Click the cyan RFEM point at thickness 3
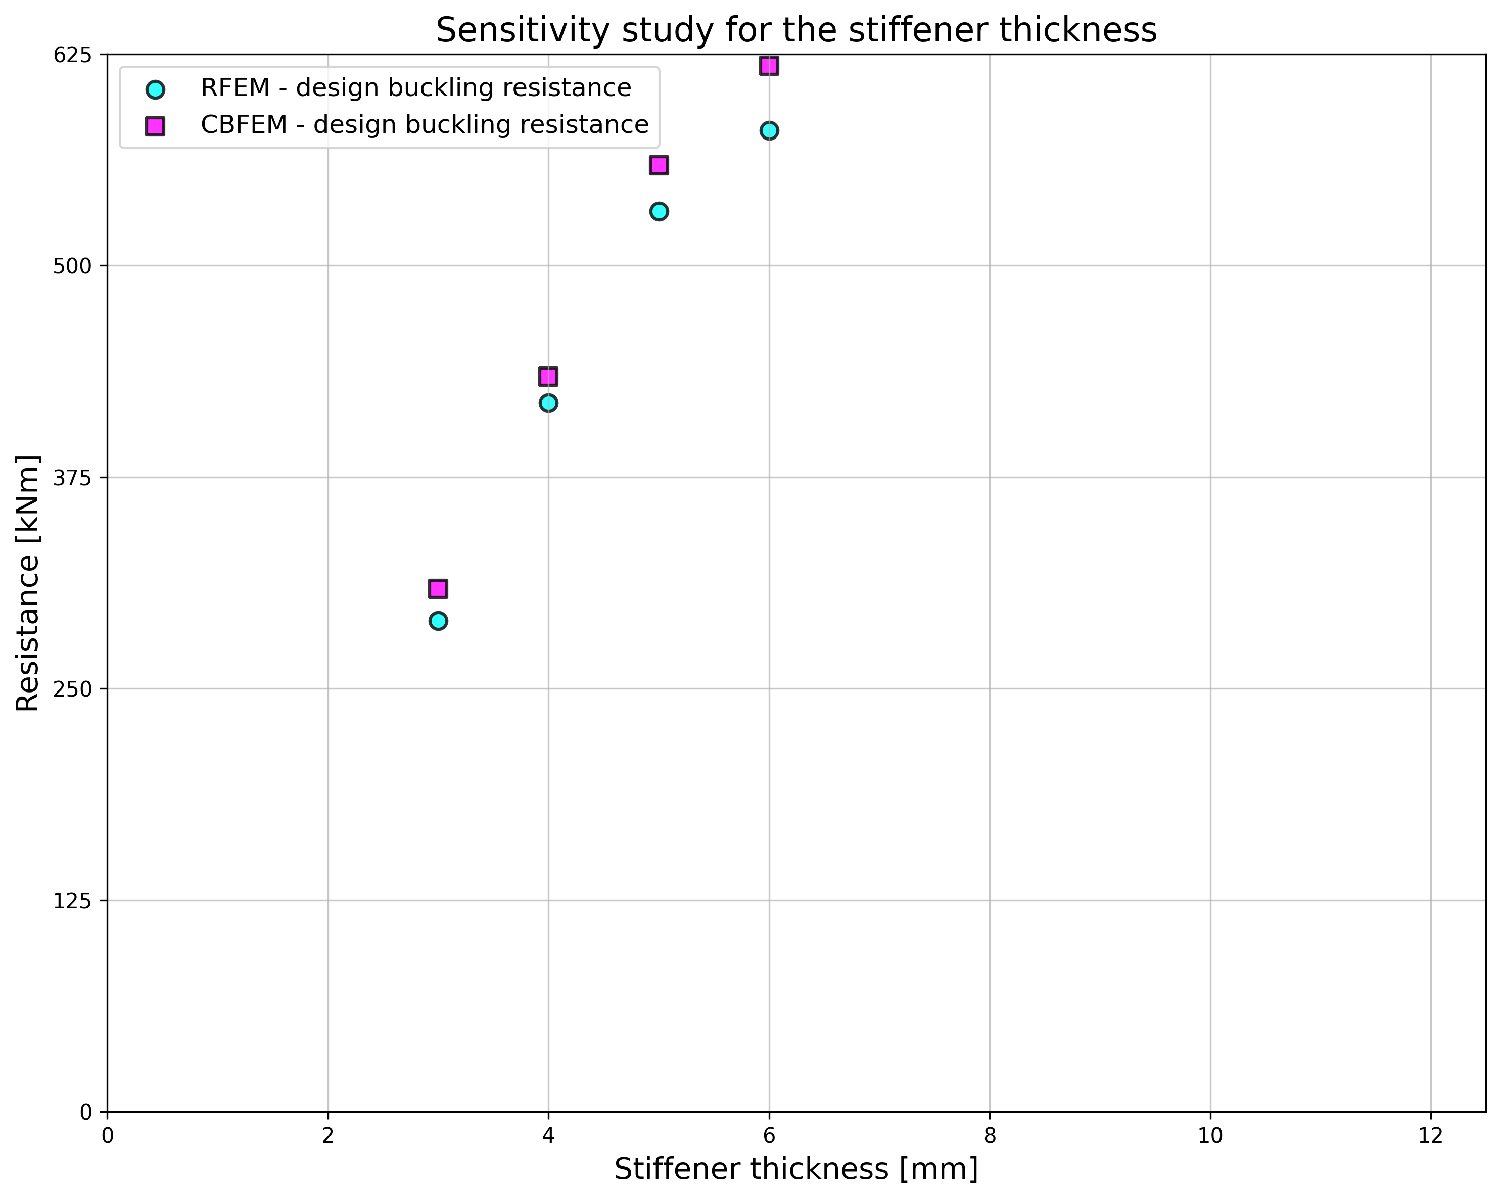coord(438,621)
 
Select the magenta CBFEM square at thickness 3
coord(438,588)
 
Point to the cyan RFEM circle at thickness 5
coord(659,211)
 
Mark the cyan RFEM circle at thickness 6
coord(769,130)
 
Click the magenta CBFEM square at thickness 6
coord(769,66)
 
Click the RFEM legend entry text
coord(415,88)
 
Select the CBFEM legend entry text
coord(425,125)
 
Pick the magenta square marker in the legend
coord(155,126)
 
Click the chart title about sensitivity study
coord(796,31)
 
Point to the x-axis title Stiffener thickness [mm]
coord(796,1169)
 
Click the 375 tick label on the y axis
coord(72,477)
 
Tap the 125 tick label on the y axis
coord(72,901)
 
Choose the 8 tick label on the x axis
coord(990,1136)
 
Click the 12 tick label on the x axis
coord(1430,1136)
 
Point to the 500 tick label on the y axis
coord(72,266)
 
